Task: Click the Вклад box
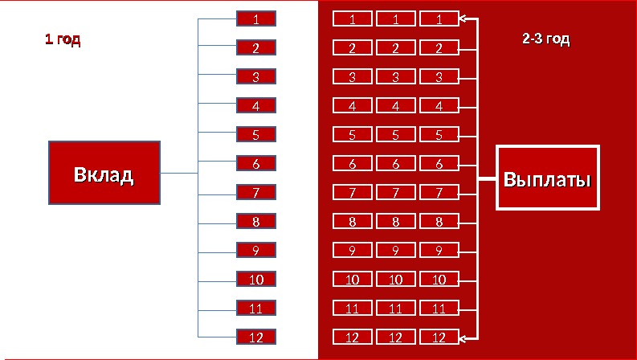(104, 173)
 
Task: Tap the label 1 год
(62, 39)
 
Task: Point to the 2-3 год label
(546, 39)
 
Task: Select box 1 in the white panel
(255, 18)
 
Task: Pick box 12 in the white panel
(255, 337)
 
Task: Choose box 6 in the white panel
(255, 163)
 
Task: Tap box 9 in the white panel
(255, 250)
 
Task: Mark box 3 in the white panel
(255, 77)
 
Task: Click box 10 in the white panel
(255, 279)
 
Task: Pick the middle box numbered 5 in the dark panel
(395, 134)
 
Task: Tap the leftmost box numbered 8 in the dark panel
(352, 221)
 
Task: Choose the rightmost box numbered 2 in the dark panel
(439, 47)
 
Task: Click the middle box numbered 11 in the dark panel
(395, 308)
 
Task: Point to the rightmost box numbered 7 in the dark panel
(439, 192)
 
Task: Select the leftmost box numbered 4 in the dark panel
(352, 105)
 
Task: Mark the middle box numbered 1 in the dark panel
(395, 18)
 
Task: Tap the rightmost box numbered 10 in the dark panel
(439, 279)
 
